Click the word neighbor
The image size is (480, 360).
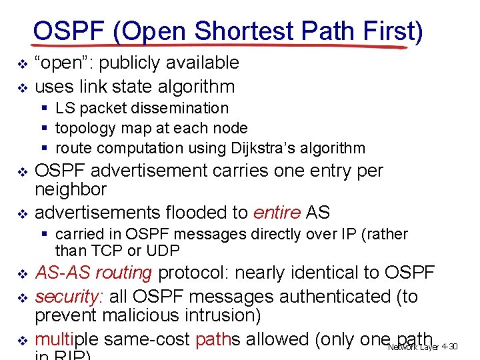pos(71,189)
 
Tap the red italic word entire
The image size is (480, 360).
pos(277,213)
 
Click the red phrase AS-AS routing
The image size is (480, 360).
pos(94,273)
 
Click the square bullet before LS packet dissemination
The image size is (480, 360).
pos(44,108)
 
